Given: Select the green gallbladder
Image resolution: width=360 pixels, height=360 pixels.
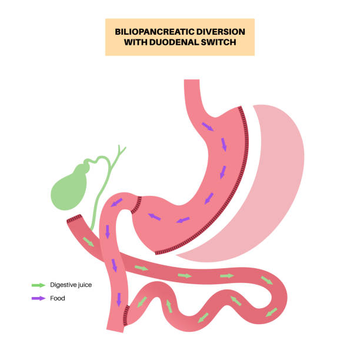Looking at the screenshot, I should click(x=70, y=185).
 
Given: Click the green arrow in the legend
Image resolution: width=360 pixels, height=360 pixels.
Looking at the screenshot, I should click(x=38, y=285).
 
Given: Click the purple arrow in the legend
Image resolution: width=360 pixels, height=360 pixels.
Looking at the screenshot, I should click(x=38, y=298).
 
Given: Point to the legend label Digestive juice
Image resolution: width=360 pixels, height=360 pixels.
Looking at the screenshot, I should click(x=71, y=285).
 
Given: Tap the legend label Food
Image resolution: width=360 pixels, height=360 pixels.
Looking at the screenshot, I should click(x=58, y=298).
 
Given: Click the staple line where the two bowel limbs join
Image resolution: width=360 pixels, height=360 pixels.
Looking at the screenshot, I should click(x=125, y=318).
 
